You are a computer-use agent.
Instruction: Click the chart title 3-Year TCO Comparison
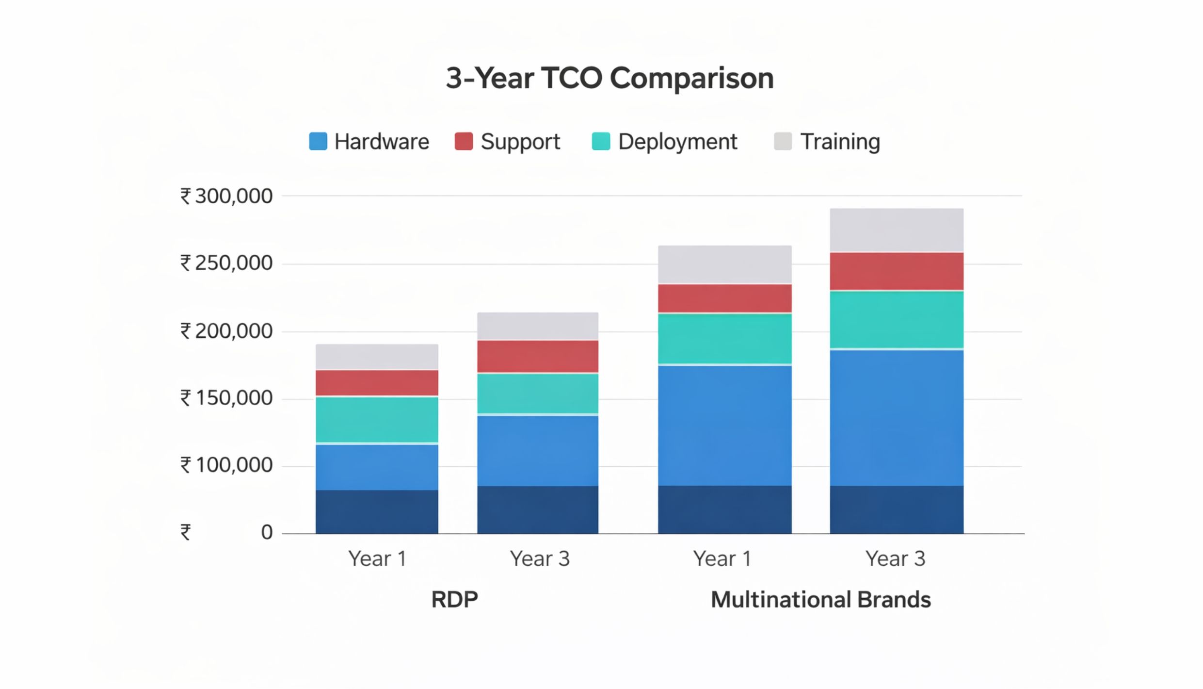point(610,79)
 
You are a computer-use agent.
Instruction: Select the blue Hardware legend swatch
point(318,141)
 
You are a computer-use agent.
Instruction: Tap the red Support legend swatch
point(464,141)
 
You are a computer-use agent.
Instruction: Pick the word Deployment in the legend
point(677,142)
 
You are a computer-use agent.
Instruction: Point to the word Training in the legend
point(840,142)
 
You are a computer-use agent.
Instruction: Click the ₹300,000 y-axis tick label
point(226,196)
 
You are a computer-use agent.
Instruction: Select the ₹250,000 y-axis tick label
point(226,263)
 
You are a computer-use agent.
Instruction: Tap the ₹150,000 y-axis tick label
point(226,398)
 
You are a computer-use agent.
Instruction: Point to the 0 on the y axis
point(267,532)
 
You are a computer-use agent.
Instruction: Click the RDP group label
point(454,600)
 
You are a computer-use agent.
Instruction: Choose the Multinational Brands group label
point(820,600)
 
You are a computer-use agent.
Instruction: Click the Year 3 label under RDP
point(539,559)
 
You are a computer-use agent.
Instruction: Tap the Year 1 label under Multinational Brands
point(722,559)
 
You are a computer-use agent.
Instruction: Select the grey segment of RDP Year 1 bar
point(377,357)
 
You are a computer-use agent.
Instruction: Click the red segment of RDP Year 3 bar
point(537,356)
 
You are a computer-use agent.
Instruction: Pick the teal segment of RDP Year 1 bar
point(377,420)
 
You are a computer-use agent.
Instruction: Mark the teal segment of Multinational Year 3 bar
point(896,319)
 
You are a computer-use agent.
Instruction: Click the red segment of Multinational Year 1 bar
point(724,298)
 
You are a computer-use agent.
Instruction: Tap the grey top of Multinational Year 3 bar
point(896,230)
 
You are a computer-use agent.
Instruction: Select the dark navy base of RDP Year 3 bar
point(537,509)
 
